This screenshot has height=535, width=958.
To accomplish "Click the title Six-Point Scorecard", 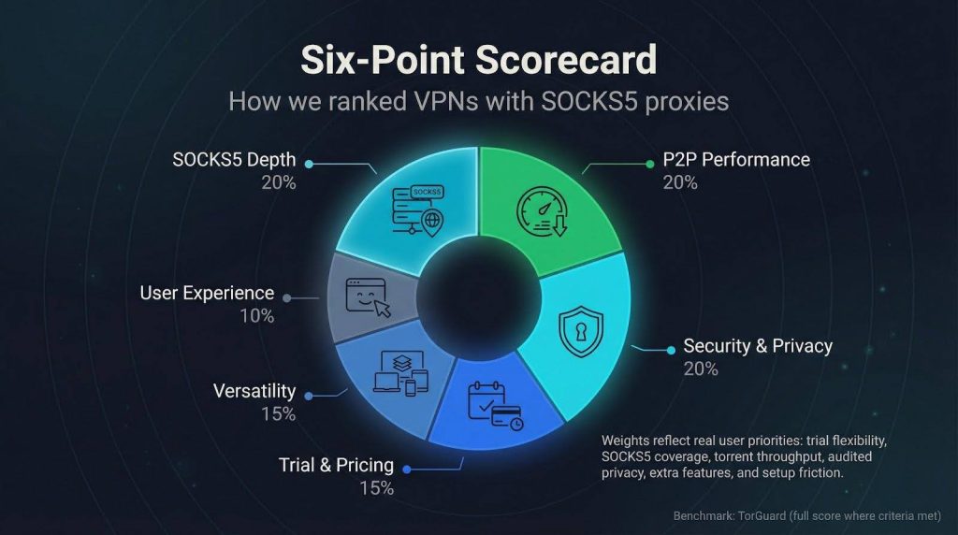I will click(x=478, y=59).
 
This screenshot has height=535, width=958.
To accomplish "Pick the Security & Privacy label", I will click(x=758, y=345).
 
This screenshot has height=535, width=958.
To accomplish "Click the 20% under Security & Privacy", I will click(x=701, y=369).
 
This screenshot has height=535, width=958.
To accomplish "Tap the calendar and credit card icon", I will click(x=496, y=404).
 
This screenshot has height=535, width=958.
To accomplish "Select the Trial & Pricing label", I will click(x=336, y=464).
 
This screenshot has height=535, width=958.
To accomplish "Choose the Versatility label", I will click(x=254, y=391).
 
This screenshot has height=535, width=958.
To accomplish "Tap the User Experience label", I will click(x=207, y=293).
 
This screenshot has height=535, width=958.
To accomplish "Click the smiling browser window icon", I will click(x=368, y=296).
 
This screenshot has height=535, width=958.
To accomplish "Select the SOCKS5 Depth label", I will click(x=234, y=160).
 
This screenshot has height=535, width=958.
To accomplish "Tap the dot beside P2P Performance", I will click(x=652, y=163).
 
